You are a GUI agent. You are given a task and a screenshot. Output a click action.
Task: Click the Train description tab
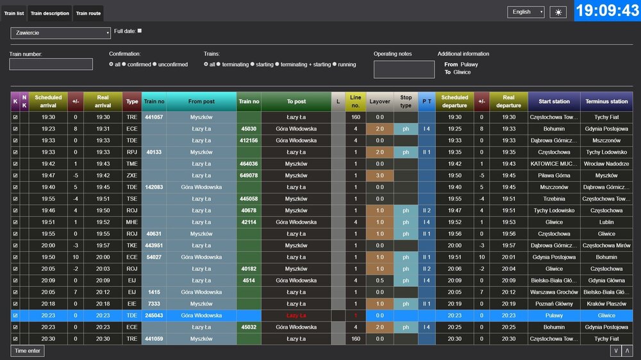[x=49, y=13]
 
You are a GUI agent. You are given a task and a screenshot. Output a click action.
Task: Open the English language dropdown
[x=526, y=12]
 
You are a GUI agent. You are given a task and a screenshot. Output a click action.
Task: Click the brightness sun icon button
[x=558, y=12]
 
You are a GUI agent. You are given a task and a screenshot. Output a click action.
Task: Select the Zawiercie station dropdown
[x=60, y=33]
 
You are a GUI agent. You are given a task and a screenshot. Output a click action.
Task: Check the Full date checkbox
[x=140, y=31]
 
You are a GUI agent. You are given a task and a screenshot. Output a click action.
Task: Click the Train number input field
[x=42, y=64]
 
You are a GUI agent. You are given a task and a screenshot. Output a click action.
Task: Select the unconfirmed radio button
[x=154, y=65]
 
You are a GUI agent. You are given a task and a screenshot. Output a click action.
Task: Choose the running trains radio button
[x=335, y=65]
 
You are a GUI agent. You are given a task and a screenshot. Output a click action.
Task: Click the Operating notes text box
[x=404, y=69]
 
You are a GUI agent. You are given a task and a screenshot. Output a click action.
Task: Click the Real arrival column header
[x=103, y=101]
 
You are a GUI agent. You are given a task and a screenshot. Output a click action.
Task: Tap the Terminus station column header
[x=606, y=101]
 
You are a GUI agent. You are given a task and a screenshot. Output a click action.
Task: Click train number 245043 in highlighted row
[x=154, y=315]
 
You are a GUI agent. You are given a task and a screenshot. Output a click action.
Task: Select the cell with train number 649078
[x=249, y=176]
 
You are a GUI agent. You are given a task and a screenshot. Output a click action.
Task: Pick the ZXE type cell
[x=132, y=176]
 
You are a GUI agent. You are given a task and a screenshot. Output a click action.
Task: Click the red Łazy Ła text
[x=296, y=315]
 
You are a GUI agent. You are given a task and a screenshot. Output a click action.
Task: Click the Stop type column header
[x=406, y=101]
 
